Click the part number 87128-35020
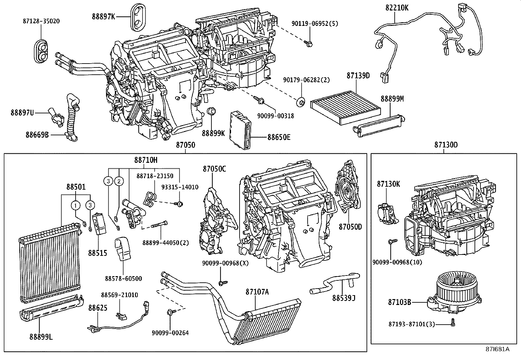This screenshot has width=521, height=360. pos(41,21)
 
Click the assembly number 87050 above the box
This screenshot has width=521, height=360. pos(186,145)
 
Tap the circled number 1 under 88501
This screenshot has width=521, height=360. pos(76,205)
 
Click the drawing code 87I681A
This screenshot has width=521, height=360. pos(498,349)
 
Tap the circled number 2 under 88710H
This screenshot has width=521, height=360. pos(119,181)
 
